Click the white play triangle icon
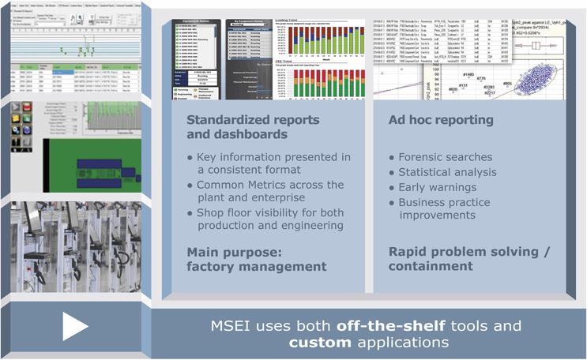(x=75, y=326)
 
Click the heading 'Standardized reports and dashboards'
(x=253, y=127)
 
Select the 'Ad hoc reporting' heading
(x=442, y=120)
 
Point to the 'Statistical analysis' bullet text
(x=447, y=172)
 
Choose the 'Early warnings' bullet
(x=438, y=187)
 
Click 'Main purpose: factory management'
(x=256, y=259)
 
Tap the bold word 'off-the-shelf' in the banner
(x=386, y=325)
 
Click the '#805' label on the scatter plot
(x=506, y=83)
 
